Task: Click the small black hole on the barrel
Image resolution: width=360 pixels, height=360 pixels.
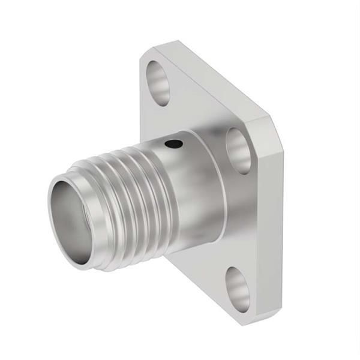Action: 174,144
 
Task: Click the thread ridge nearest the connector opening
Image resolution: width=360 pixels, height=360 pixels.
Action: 90,174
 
